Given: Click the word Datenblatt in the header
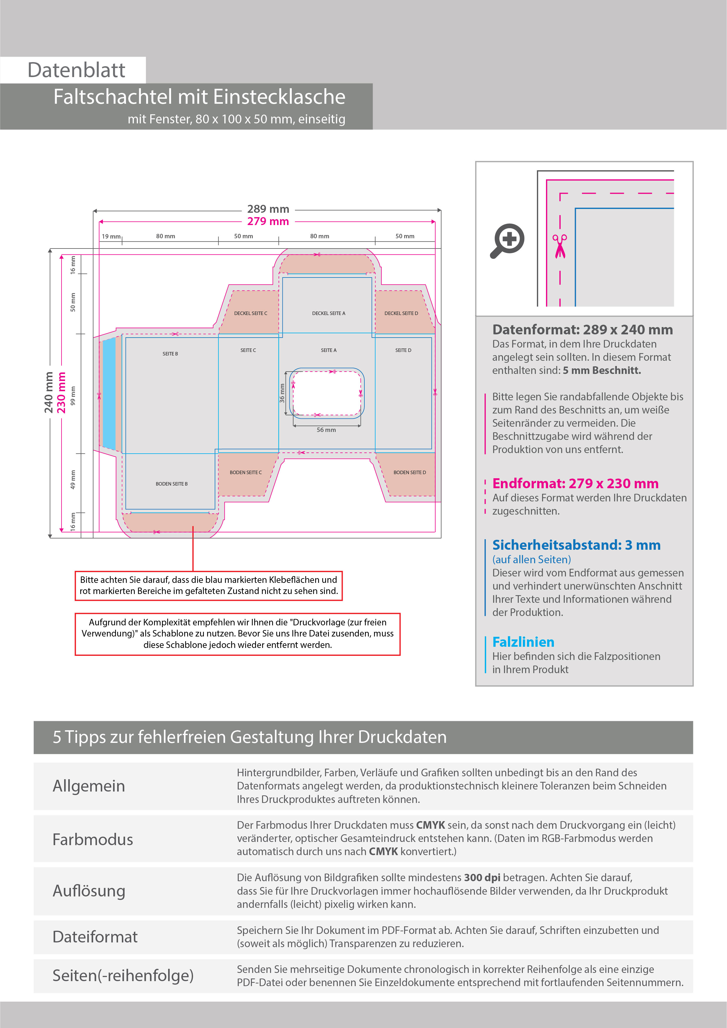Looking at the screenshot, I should point(76,70).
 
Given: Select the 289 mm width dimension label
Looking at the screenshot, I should point(268,209).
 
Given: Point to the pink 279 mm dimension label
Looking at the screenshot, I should point(268,221).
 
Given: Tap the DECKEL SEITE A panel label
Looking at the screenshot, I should point(329,314).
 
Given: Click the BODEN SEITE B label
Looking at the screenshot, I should point(171,484).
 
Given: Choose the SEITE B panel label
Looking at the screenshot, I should point(170,354).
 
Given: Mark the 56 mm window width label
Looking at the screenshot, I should point(326,430).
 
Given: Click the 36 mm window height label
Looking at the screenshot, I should point(282,393).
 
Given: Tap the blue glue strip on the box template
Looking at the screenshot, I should point(109,393).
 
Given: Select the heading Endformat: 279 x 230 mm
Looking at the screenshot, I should point(575,484).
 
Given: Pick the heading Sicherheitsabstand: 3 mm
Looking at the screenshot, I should point(576,545).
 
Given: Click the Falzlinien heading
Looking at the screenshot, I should point(523,642).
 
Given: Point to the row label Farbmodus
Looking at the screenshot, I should point(93,840).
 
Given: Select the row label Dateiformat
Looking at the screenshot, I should point(95,937).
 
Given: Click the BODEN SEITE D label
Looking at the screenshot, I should point(409,472).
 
